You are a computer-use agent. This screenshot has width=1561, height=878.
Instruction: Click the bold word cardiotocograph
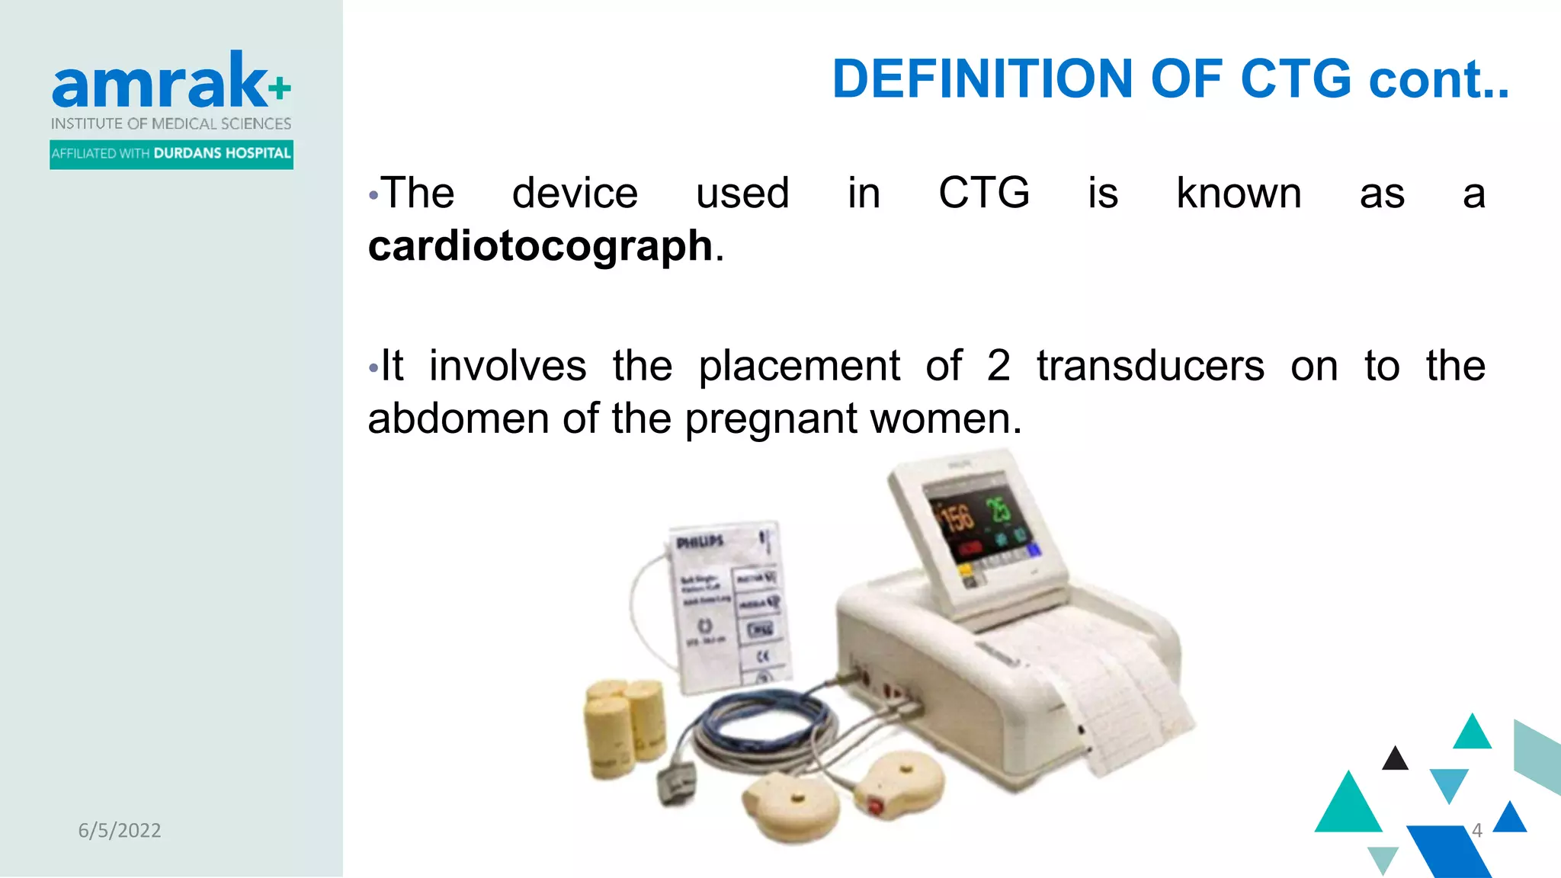540,247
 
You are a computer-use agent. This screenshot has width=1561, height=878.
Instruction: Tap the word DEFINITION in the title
982,79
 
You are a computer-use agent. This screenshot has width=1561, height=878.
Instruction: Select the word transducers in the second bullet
1150,366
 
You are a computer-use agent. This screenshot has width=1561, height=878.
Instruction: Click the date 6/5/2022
120,830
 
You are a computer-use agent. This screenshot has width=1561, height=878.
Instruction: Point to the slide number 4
1476,830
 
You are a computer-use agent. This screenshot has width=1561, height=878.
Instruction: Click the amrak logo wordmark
160,82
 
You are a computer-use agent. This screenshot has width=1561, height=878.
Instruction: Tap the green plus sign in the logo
280,88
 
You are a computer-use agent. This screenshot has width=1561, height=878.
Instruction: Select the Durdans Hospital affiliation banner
171,154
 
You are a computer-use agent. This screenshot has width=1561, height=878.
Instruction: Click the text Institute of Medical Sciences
171,123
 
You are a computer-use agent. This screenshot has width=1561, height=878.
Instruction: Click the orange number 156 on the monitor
957,518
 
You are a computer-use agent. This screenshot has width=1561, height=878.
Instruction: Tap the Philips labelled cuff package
728,606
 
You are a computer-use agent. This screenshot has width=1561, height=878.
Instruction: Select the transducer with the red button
899,785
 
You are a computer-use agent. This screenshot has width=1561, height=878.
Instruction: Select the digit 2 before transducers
998,366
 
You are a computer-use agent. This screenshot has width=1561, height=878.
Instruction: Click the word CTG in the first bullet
983,193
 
